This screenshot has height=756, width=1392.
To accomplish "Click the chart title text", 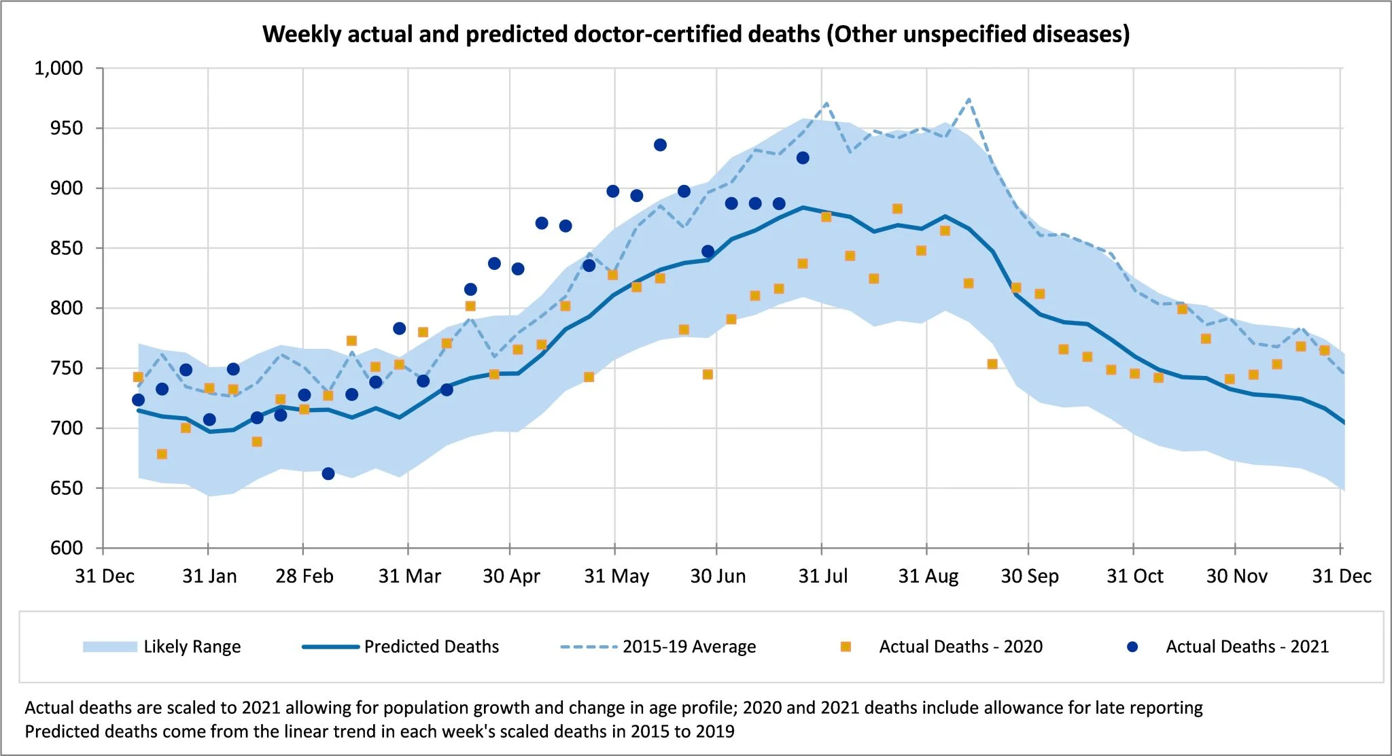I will point(696,34).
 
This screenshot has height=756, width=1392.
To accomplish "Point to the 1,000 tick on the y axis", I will point(59,68).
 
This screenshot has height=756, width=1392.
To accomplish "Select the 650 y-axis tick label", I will point(67,488).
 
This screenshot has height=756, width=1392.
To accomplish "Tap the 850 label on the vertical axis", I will point(67,248).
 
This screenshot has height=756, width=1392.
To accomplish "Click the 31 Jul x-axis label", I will point(822,577).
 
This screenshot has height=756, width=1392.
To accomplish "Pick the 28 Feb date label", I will point(304,577).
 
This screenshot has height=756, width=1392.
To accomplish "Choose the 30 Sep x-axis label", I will point(1030,577).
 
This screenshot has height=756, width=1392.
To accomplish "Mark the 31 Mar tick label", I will point(409,577).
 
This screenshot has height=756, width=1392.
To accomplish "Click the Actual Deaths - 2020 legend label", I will point(960,647).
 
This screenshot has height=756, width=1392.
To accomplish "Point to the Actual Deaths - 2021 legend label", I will point(1247,647).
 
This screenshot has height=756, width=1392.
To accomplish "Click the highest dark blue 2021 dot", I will point(660,145).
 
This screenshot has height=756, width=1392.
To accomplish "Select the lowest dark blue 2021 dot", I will point(328,474).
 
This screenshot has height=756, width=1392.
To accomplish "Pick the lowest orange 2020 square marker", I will point(162,454).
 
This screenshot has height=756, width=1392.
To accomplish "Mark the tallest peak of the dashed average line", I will point(969,99).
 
